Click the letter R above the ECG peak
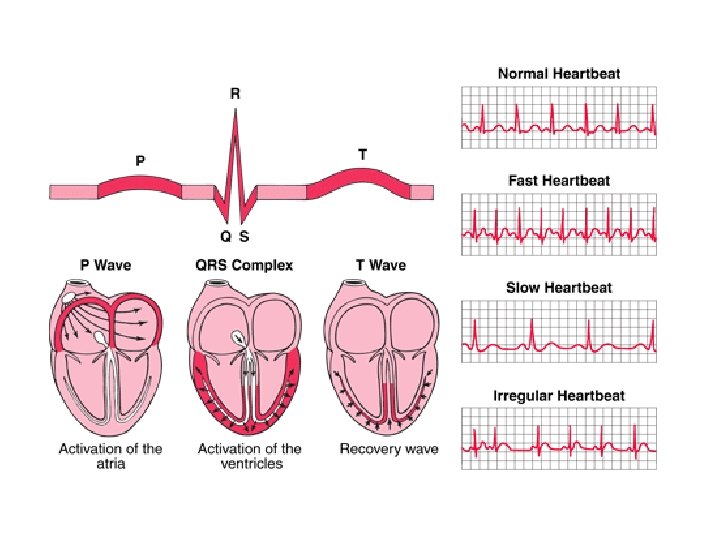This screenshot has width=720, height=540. pyautogui.click(x=235, y=94)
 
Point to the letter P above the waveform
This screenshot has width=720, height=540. pyautogui.click(x=140, y=159)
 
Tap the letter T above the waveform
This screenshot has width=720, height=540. pyautogui.click(x=362, y=154)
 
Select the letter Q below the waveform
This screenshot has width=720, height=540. pyautogui.click(x=225, y=237)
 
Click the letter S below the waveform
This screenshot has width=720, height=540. pyautogui.click(x=244, y=237)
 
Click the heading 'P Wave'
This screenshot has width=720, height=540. pyautogui.click(x=106, y=265)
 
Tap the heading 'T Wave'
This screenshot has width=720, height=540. pyautogui.click(x=381, y=265)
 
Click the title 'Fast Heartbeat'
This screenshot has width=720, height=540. pyautogui.click(x=560, y=181)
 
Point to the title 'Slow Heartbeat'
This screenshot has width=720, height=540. pyautogui.click(x=560, y=288)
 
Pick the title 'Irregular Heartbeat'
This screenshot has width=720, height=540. pyautogui.click(x=560, y=395)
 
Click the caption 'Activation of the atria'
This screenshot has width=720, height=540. pyautogui.click(x=111, y=456)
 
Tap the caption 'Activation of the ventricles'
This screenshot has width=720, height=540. pyautogui.click(x=250, y=456)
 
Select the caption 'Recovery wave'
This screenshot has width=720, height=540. pyautogui.click(x=389, y=449)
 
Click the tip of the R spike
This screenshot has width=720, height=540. pyautogui.click(x=235, y=109)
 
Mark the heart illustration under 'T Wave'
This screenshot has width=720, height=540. pyautogui.click(x=383, y=355)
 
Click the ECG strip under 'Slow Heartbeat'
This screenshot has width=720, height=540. pyautogui.click(x=560, y=330)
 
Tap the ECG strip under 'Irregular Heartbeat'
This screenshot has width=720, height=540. pyautogui.click(x=560, y=439)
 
